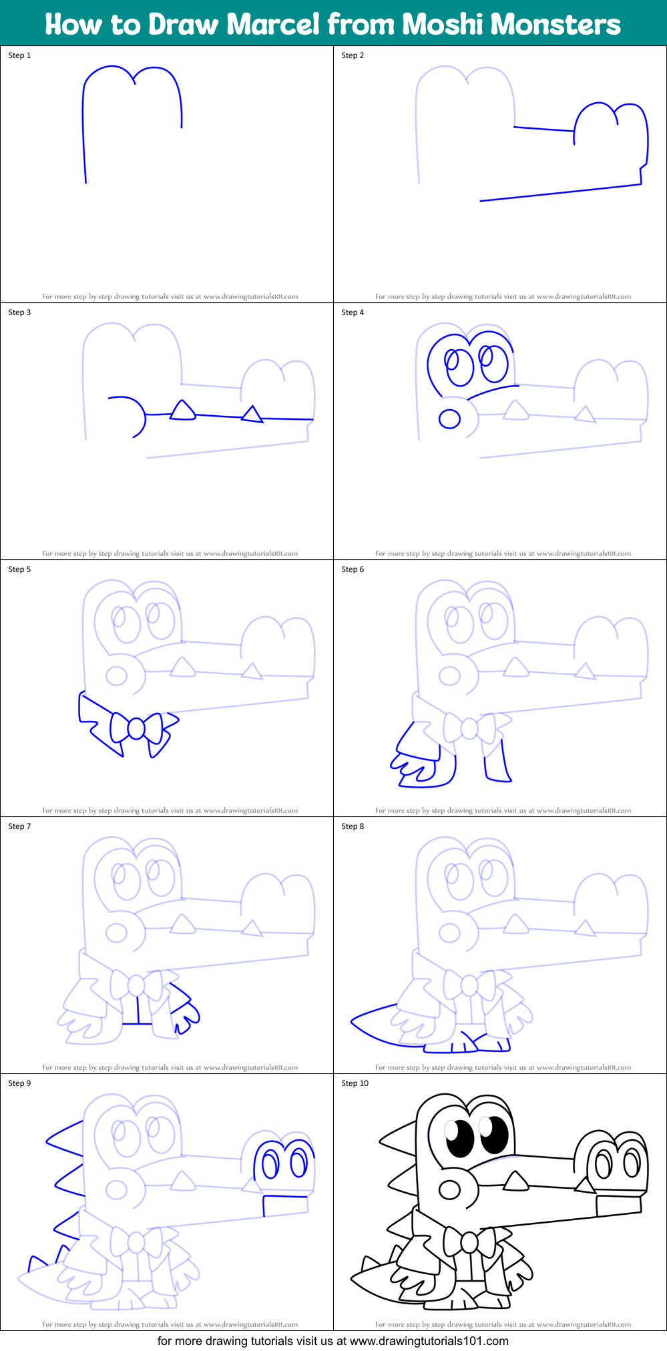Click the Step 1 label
click(19, 55)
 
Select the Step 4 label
click(353, 312)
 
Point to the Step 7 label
click(19, 826)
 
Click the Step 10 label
click(355, 1083)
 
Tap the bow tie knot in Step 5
click(136, 728)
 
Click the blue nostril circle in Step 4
click(449, 419)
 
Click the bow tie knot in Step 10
click(469, 1242)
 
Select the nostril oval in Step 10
click(449, 1189)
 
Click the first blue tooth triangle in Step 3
click(182, 411)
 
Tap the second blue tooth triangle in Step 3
click(252, 415)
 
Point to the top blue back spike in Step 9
click(65, 1135)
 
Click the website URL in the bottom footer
click(429, 1341)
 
